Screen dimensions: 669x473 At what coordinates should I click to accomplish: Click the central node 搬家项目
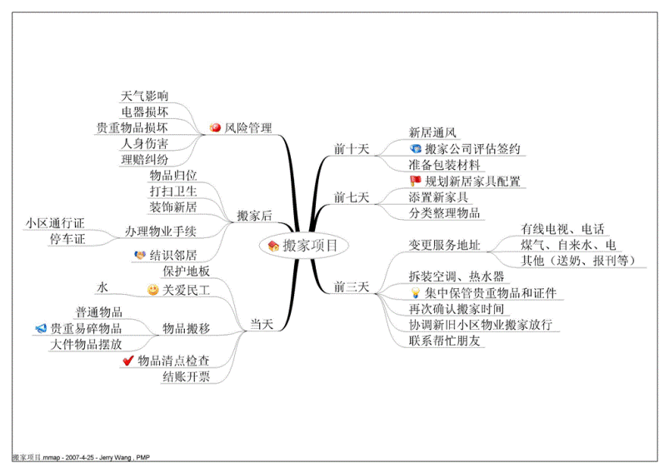[304, 245]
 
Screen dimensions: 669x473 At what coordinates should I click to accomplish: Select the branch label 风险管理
[248, 127]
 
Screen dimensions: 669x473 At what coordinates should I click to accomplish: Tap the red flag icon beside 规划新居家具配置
[415, 181]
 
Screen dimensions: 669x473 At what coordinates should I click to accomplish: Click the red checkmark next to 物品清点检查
[128, 361]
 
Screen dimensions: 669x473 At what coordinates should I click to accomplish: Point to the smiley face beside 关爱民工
[152, 290]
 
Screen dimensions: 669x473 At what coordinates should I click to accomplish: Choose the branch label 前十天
[351, 149]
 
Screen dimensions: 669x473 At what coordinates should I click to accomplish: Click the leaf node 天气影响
[144, 96]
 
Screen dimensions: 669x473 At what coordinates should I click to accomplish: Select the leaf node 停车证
[67, 239]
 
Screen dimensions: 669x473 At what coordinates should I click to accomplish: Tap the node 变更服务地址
[444, 245]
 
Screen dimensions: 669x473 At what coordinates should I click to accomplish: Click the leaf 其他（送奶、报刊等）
[578, 260]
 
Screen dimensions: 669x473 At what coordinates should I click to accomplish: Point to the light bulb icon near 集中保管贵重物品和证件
[415, 292]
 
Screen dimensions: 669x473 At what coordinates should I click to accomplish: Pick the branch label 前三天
[351, 286]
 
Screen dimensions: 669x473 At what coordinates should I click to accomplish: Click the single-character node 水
[102, 287]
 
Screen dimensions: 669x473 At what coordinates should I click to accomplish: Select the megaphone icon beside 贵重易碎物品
[41, 328]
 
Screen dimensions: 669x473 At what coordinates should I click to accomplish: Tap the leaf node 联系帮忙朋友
[444, 341]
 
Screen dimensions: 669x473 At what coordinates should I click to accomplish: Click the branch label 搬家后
[254, 216]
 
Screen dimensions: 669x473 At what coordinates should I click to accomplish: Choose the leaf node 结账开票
[186, 376]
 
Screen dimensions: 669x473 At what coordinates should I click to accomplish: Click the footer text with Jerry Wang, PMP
[81, 458]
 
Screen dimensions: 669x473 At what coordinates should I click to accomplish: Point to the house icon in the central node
[273, 246]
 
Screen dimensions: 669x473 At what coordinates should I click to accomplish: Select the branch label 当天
[261, 324]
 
